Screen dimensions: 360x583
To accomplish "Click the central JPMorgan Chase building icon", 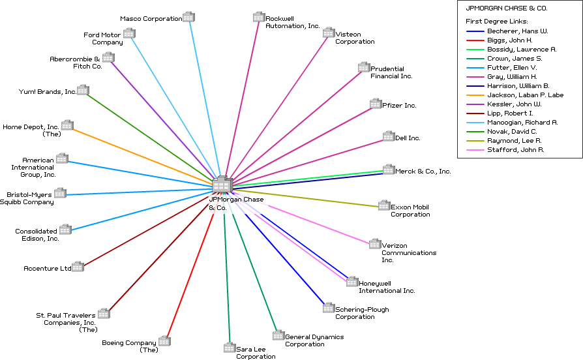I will point(222,185).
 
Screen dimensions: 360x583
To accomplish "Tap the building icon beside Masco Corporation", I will point(188,17).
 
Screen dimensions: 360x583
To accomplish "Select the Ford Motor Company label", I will point(103,38).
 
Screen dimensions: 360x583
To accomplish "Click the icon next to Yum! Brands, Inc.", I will point(83,90).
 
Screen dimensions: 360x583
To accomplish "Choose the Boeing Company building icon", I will point(164,341).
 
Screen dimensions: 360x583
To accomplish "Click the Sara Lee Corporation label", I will point(256,353).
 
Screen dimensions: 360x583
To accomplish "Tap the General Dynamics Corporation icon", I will point(278,335).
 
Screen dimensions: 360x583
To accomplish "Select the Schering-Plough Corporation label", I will point(355,313).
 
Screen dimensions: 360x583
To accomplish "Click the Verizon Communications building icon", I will point(375,244).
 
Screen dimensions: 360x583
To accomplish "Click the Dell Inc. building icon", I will point(389,136).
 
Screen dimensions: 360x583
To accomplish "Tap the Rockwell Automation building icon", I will point(259,17).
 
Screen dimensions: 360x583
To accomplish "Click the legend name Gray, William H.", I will point(512,77).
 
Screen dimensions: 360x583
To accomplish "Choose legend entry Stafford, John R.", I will point(515,150).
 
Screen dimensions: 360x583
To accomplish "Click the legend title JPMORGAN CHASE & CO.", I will point(506,9).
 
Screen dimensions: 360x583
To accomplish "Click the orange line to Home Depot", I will point(143,157).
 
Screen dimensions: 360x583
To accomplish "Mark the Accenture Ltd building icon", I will point(78,266).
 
